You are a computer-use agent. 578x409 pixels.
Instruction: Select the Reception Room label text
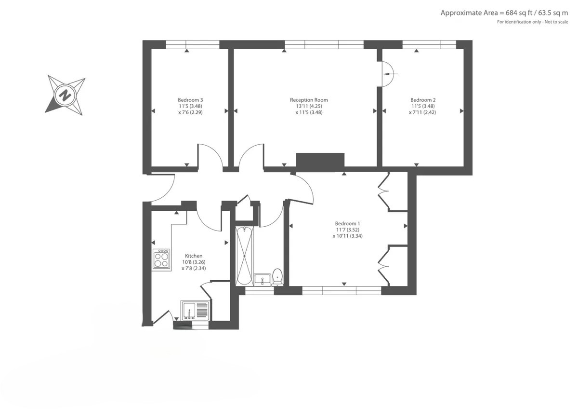(x=309, y=100)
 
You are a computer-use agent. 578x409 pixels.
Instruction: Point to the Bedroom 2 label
(x=423, y=100)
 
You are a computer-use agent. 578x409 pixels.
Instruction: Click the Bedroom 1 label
(x=347, y=223)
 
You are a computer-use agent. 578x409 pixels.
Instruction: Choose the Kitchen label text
(x=194, y=256)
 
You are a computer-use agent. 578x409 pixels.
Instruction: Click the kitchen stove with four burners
(x=161, y=259)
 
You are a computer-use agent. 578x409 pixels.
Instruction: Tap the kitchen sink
(x=195, y=310)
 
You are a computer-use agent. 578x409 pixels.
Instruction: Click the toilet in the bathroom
(x=277, y=276)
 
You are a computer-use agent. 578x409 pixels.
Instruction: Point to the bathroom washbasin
(x=263, y=279)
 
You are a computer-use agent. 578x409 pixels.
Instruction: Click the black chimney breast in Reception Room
(x=320, y=162)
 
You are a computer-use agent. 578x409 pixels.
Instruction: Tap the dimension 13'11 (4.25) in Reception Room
(x=309, y=106)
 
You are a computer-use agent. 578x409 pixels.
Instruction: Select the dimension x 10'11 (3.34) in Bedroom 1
(x=347, y=236)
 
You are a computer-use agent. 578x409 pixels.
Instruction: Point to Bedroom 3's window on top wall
(x=193, y=44)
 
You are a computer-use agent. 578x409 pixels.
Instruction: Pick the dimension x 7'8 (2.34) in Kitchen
(x=194, y=269)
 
